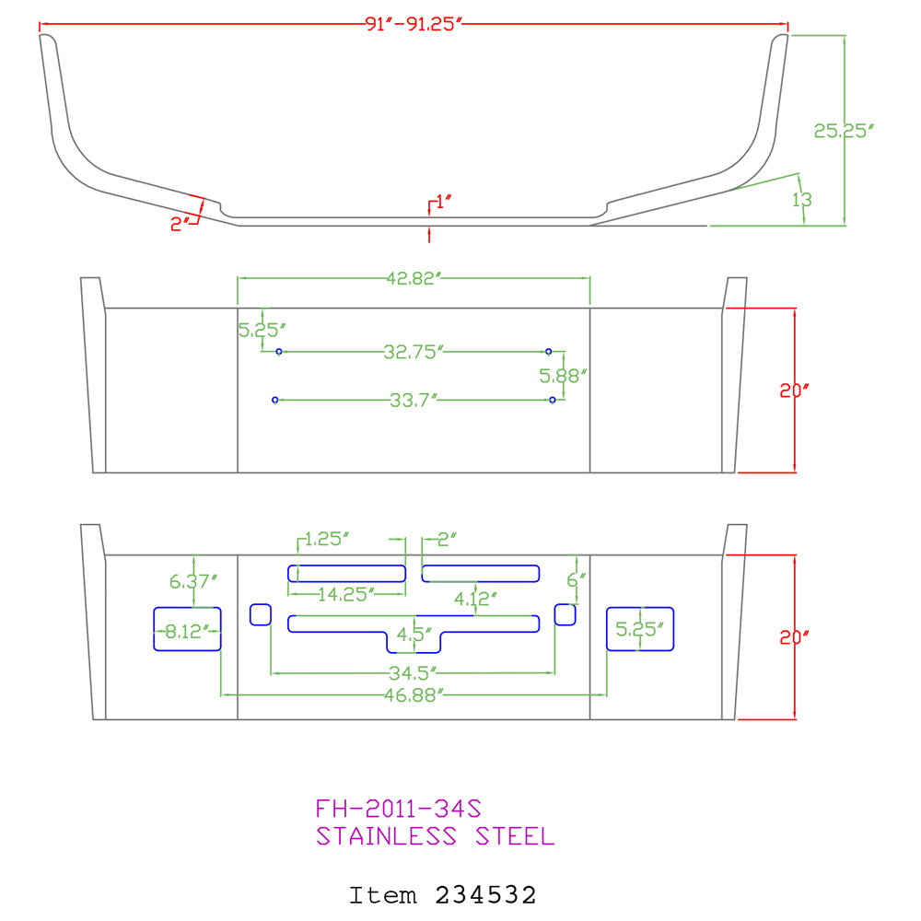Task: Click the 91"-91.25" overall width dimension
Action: tap(414, 24)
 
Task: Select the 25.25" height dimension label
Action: tap(844, 131)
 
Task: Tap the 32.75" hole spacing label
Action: tap(414, 352)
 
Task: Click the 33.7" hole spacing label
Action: tap(414, 400)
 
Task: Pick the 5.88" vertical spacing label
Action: tap(564, 376)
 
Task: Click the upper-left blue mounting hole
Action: tap(279, 352)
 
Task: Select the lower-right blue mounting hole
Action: tap(552, 400)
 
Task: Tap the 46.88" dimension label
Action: tap(414, 694)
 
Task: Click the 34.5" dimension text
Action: tap(414, 672)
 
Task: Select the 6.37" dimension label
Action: tap(193, 581)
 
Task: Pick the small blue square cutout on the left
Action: tap(261, 615)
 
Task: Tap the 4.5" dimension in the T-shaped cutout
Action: tap(414, 635)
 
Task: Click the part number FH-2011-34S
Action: tap(398, 809)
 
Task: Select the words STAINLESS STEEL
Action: tap(436, 836)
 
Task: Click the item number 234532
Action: tap(485, 895)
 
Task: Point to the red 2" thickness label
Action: tap(180, 224)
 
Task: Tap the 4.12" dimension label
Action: tap(475, 600)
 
